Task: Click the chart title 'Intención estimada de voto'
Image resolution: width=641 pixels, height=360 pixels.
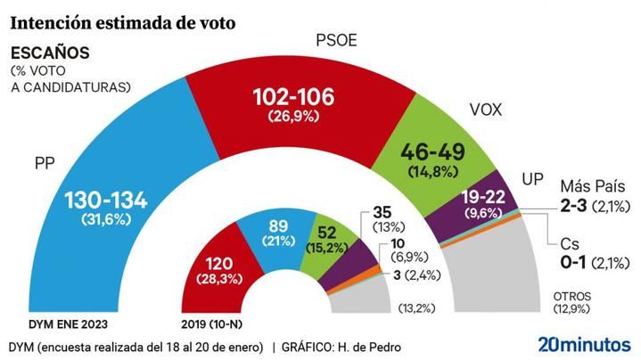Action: click(x=122, y=22)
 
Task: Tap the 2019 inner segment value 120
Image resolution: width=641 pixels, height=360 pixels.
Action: click(x=219, y=264)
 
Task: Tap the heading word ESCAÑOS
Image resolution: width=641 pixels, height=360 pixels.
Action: click(x=49, y=53)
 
